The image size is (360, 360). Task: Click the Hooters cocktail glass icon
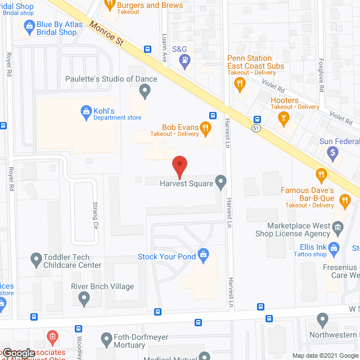[283, 118]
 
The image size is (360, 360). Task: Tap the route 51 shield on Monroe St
[255, 128]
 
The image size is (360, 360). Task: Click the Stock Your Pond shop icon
[204, 256]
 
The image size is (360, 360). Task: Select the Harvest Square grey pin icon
[221, 182]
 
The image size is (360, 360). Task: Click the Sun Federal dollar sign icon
[333, 151]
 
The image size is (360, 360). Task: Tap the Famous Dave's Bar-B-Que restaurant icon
[322, 175]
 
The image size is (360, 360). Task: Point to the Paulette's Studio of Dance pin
[145, 90]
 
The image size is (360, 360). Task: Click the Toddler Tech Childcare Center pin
[36, 259]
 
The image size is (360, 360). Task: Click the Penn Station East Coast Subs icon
[240, 84]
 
